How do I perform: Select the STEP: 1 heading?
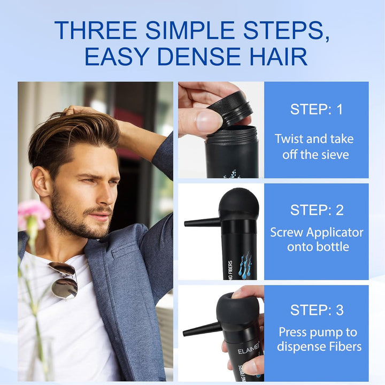point(316,110)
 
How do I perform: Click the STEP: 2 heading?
point(316,210)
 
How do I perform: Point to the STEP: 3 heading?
point(316,310)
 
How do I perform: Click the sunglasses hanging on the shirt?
point(64,280)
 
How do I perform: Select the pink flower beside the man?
point(33,213)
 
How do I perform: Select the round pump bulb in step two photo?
point(239,205)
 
